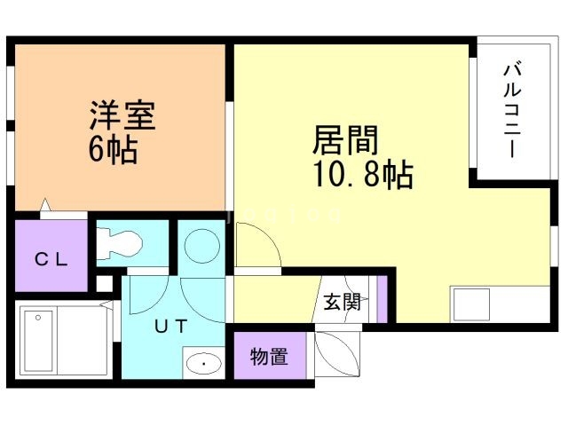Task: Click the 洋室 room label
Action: pos(122,115)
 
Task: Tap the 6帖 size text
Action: pos(112,148)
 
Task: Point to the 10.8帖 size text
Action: pos(361,176)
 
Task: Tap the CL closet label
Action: pos(50,259)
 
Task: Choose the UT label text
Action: pos(171,326)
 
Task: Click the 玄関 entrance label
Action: pos(341,303)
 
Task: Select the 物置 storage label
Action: pos(268,357)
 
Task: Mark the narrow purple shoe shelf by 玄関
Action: pos(383,300)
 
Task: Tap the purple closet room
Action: pos(51,254)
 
